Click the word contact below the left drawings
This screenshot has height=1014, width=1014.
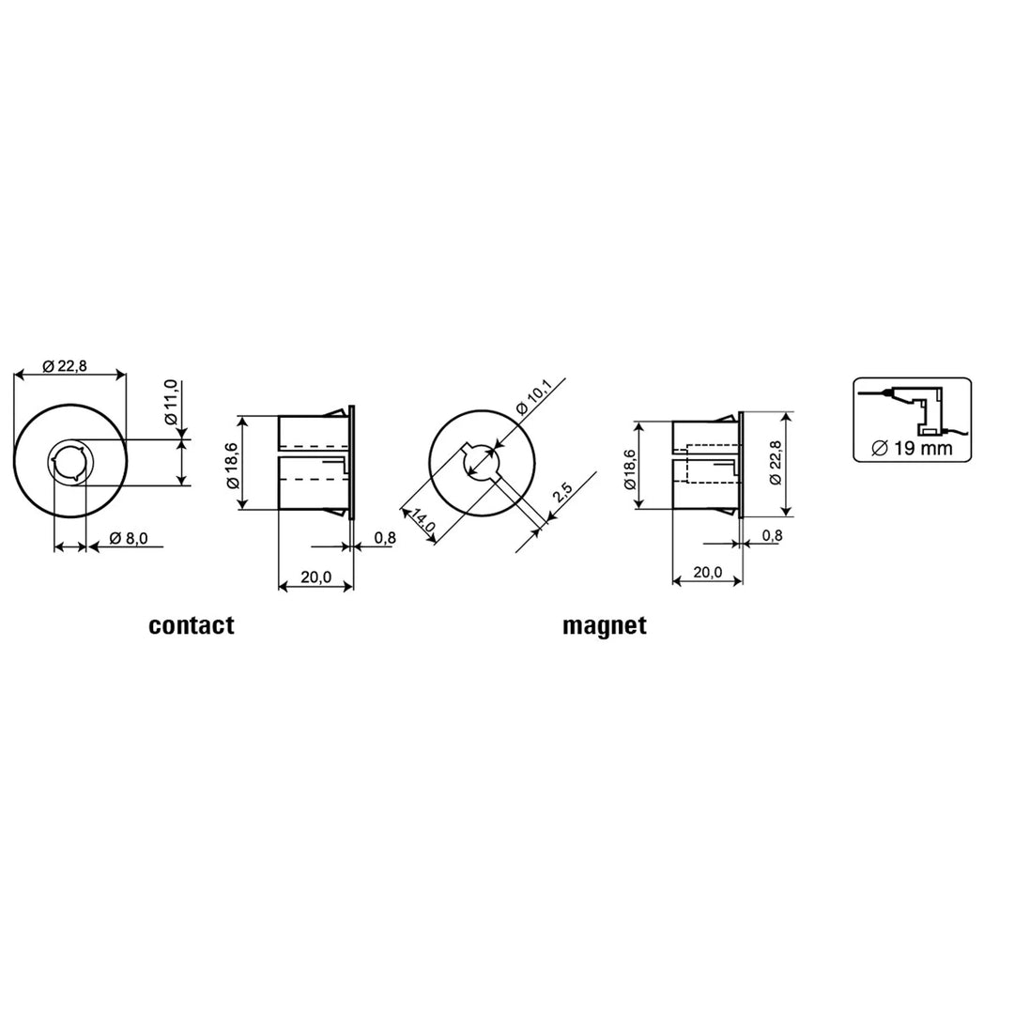pos(191,626)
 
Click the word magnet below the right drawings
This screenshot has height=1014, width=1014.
pos(604,626)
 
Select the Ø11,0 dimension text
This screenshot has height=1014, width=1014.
pos(171,403)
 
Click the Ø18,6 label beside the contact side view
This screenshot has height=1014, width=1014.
pos(232,464)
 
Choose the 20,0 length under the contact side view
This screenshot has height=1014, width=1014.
pos(315,577)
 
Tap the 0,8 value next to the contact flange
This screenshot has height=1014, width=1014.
pos(384,538)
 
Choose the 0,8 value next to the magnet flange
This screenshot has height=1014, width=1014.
pos(772,535)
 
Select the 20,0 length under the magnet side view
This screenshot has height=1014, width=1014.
pos(707,572)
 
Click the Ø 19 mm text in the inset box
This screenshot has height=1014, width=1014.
pos(912,448)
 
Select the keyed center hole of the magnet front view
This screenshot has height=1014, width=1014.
pos(482,462)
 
